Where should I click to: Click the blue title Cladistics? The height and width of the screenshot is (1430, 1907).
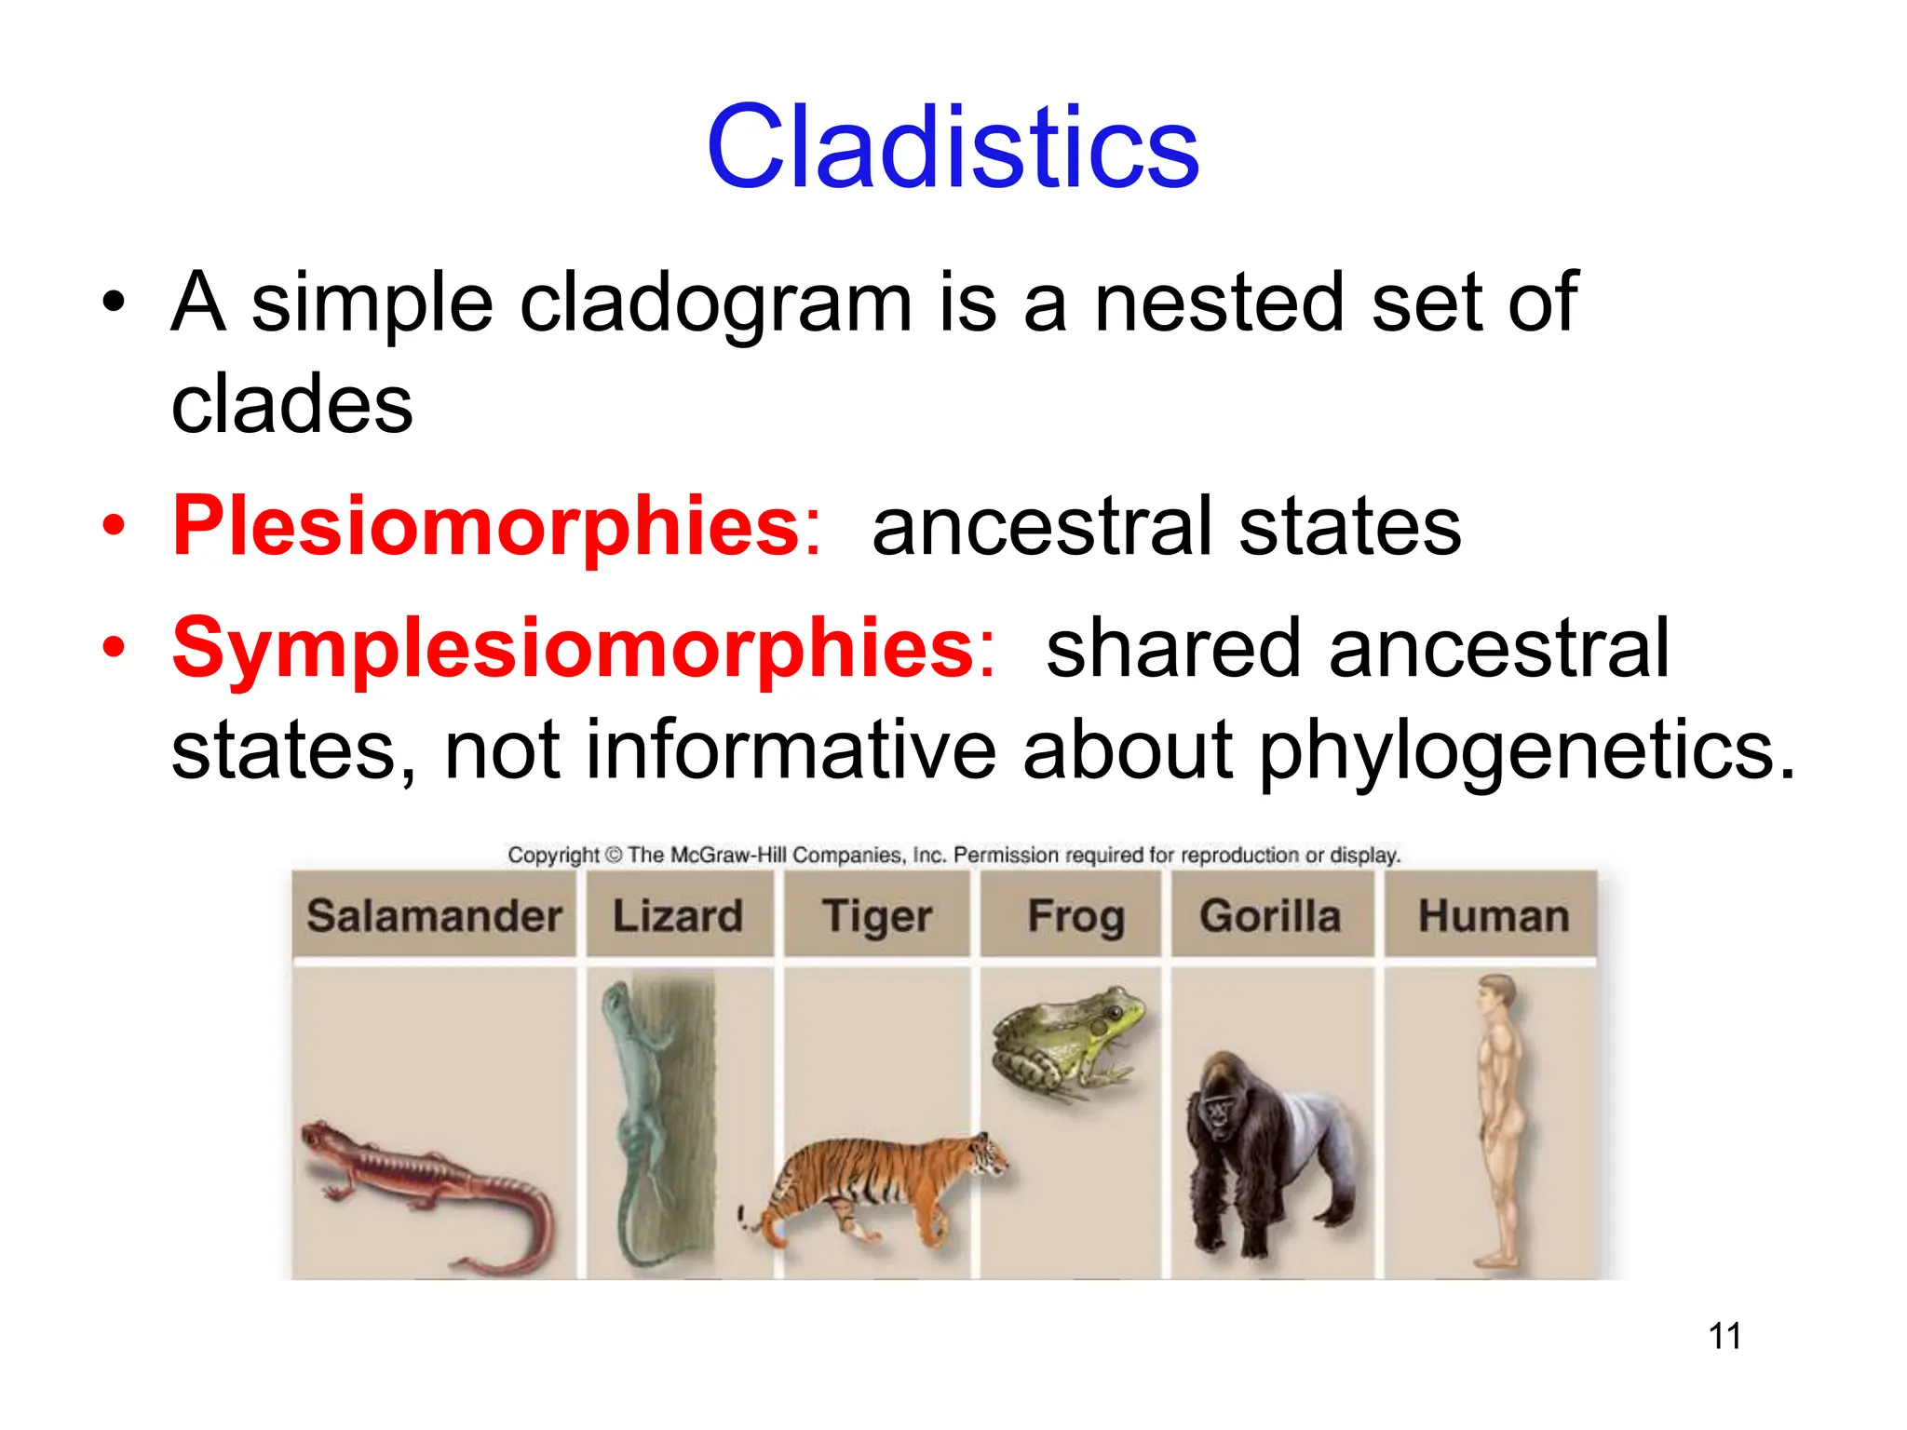click(953, 149)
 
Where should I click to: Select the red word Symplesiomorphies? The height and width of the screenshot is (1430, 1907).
click(573, 649)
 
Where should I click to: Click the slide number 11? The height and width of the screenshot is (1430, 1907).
click(1724, 1336)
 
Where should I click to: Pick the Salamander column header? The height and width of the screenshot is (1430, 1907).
click(434, 916)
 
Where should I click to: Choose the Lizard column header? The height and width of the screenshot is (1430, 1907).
click(678, 916)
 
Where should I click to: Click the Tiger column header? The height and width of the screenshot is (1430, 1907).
click(876, 916)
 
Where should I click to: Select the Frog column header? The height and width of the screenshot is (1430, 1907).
click(1075, 916)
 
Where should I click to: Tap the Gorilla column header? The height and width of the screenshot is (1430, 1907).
click(1270, 916)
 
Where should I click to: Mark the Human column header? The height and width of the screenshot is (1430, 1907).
click(1493, 916)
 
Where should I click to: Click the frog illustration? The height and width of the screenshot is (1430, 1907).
click(1071, 1043)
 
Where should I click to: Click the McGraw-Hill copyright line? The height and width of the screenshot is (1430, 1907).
click(953, 855)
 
